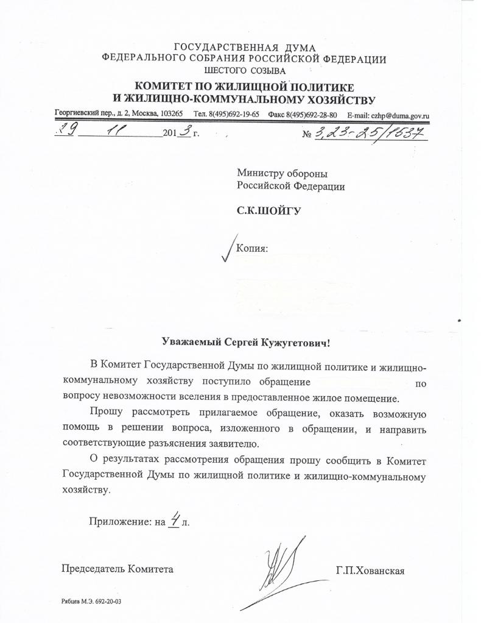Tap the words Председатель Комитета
[118, 569]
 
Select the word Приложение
[119, 521]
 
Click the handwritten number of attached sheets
[174, 519]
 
